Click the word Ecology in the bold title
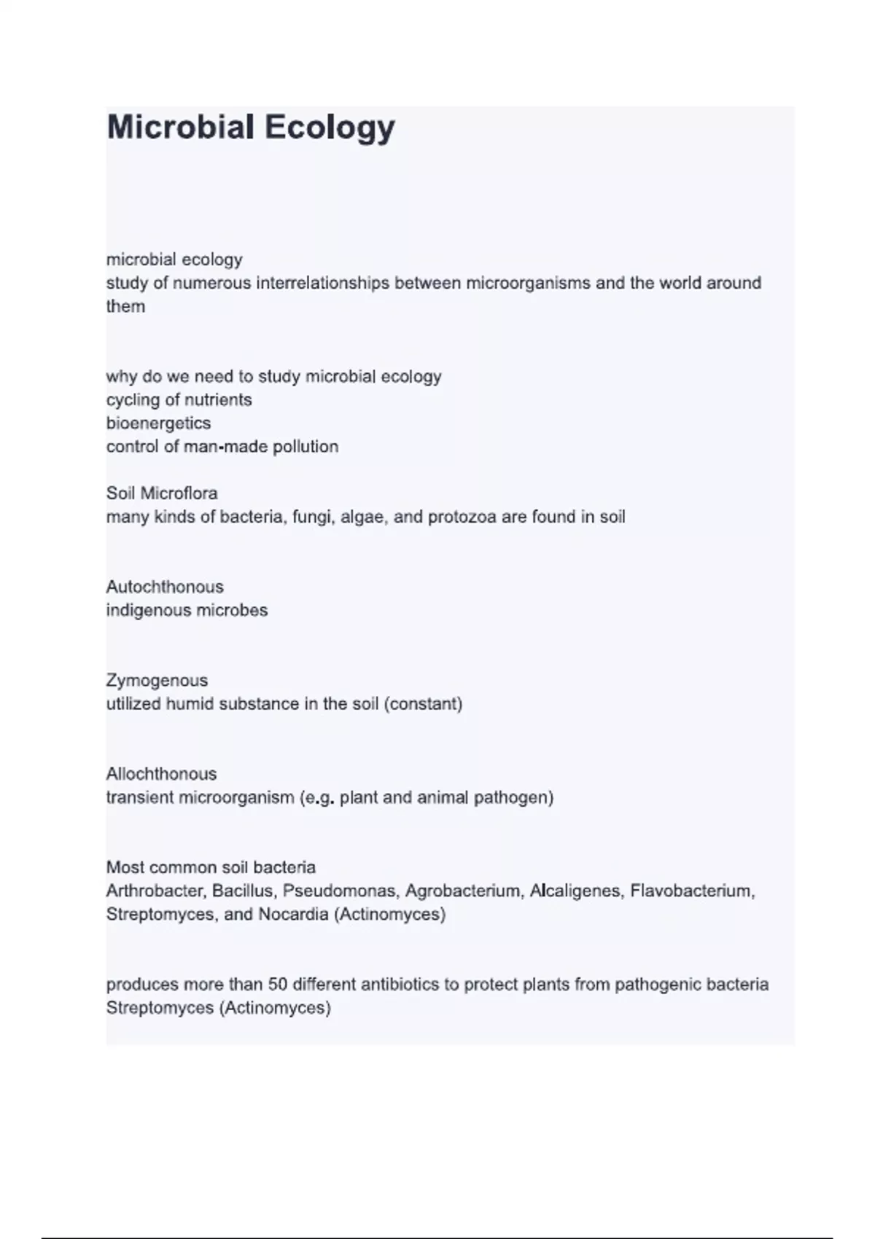point(330,128)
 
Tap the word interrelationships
point(322,283)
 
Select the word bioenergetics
point(158,423)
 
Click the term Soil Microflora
point(162,493)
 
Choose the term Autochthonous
point(165,587)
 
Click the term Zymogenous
point(157,681)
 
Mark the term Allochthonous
point(161,774)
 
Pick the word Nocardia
point(293,914)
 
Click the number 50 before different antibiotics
point(278,985)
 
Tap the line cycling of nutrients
point(179,400)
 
